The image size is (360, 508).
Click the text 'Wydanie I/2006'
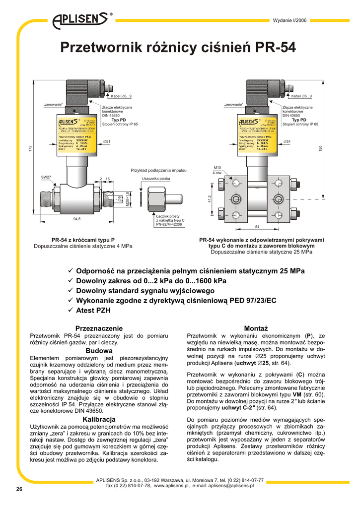coord(290,20)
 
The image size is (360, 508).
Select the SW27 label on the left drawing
coord(46,177)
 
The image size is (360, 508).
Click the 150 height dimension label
coord(320,148)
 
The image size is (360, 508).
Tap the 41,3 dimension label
coord(210,199)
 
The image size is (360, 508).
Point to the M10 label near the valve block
coord(217,168)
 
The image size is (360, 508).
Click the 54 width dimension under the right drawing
coord(257,226)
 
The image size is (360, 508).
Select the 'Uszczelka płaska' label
coord(156,178)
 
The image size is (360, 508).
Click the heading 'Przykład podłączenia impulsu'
coord(158,170)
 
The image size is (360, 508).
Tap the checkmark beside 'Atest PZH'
coord(70,311)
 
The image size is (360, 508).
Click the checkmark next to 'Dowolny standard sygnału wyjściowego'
coord(70,291)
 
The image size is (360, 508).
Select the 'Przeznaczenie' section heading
coord(98,328)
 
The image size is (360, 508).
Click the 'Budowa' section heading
coord(99,351)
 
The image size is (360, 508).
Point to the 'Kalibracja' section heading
coord(99,419)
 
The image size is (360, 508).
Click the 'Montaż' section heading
coord(256,328)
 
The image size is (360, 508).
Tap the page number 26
coord(19,489)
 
